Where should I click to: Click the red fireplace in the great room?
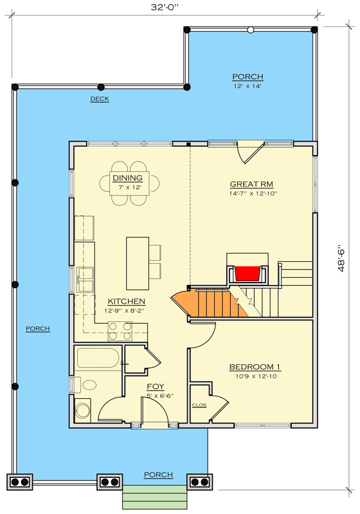click(x=248, y=273)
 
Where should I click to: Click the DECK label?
click(x=99, y=99)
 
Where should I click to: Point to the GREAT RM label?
click(x=248, y=183)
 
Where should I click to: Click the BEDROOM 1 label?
click(x=255, y=367)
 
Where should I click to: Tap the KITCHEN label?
click(x=126, y=301)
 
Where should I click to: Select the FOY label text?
click(x=155, y=387)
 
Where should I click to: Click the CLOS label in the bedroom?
click(x=199, y=405)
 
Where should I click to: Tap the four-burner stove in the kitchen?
click(x=119, y=331)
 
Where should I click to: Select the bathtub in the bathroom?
click(x=97, y=359)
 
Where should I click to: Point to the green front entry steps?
click(x=154, y=497)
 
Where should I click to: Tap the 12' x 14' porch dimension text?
click(x=248, y=86)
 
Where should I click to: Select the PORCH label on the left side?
click(x=37, y=329)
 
